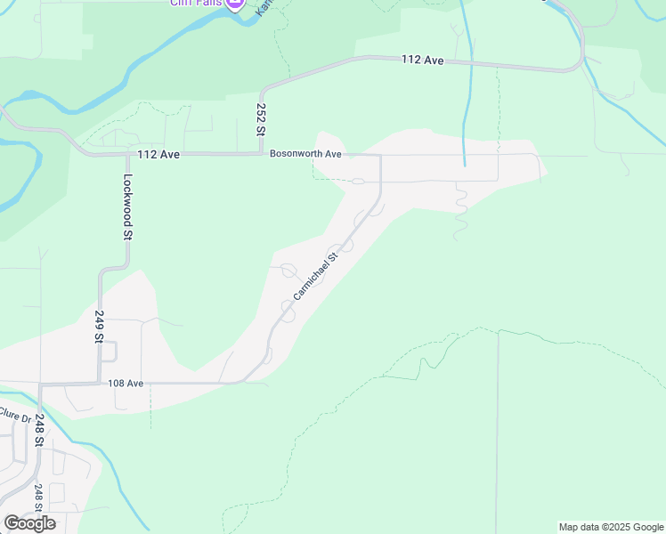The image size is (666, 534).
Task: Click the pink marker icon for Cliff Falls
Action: tap(235, 4)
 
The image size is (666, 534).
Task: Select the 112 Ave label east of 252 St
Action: tap(422, 60)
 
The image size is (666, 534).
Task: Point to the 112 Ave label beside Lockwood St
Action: tap(158, 154)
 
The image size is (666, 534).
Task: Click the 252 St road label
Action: tap(261, 118)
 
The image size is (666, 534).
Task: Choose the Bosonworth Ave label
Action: tap(306, 154)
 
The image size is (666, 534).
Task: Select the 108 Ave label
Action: tap(126, 383)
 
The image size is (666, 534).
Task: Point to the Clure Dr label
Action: tap(14, 416)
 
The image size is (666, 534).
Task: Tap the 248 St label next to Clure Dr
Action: tap(39, 431)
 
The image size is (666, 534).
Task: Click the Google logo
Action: tap(29, 522)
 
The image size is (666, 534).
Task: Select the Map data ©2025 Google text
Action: tap(611, 527)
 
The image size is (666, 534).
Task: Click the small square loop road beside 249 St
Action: tap(110, 352)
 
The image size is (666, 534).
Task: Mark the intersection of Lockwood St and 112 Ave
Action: tap(127, 154)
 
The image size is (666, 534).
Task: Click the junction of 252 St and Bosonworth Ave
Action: tap(261, 154)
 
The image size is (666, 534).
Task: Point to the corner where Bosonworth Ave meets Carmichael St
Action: tap(380, 156)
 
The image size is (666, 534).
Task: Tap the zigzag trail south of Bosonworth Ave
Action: tap(459, 212)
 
